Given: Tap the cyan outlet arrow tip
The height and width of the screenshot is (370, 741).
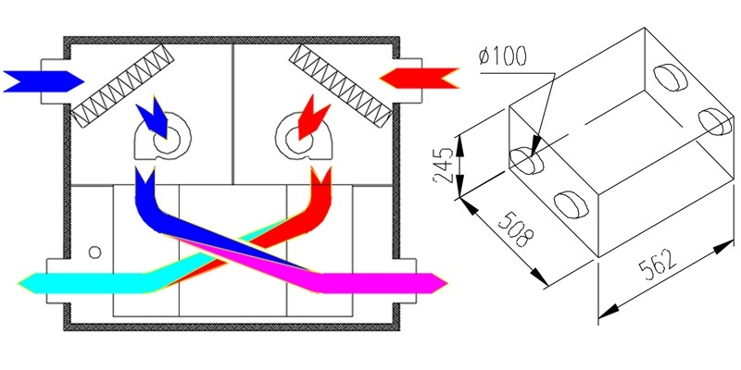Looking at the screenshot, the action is click(x=19, y=283).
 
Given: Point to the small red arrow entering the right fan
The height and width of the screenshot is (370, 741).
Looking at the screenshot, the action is click(x=312, y=117).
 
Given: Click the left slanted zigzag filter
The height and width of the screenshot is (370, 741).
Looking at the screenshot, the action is click(x=123, y=86).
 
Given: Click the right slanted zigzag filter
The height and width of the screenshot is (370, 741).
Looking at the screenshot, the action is click(x=340, y=86).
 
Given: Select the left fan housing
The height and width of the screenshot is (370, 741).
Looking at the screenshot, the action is click(x=163, y=136).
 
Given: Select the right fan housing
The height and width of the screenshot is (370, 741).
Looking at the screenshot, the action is click(x=304, y=136).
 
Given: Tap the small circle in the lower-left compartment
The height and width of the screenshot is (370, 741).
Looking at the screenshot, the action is click(x=95, y=253).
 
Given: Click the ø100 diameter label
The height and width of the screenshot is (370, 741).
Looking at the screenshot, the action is click(x=501, y=57).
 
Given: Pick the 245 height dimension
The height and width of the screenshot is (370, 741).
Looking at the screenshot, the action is click(x=445, y=166).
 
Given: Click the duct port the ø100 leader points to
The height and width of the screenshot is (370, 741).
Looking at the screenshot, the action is click(x=526, y=160).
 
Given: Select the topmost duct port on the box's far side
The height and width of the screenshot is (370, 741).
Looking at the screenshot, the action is click(x=671, y=78).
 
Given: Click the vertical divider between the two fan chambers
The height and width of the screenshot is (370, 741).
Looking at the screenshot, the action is click(x=233, y=114).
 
